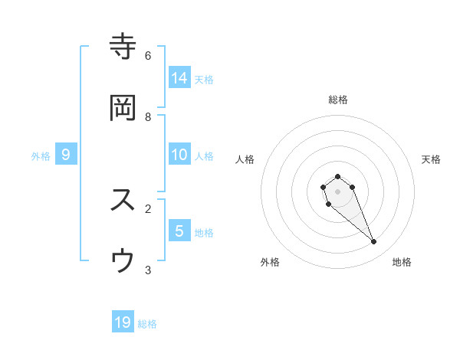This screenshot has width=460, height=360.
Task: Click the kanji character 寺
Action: (x=123, y=47)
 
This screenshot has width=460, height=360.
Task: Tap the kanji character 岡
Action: (x=123, y=108)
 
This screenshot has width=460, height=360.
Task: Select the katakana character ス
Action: (x=123, y=200)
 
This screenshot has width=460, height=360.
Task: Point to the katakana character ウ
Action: (x=123, y=261)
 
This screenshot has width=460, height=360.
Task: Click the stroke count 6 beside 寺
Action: (x=148, y=55)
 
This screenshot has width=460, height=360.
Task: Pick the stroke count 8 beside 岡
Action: (x=148, y=116)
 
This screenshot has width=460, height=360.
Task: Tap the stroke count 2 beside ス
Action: (x=148, y=208)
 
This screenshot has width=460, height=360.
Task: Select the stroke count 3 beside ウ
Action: (x=148, y=270)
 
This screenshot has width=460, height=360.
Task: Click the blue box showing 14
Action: (x=179, y=77)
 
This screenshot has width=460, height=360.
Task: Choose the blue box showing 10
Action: (x=179, y=155)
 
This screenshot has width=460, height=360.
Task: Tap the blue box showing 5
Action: (x=179, y=231)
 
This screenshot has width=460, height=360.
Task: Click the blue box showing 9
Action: (x=66, y=155)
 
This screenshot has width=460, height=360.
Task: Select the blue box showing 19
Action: (x=123, y=322)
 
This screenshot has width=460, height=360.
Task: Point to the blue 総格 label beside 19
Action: (x=147, y=324)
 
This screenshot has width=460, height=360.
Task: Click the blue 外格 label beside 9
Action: (x=41, y=156)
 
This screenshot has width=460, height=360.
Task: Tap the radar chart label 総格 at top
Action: (x=338, y=100)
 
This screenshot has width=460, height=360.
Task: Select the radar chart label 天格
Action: (x=432, y=159)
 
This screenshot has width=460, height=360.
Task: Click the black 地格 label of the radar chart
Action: (x=402, y=262)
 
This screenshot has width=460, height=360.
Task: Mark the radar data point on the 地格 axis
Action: (x=374, y=242)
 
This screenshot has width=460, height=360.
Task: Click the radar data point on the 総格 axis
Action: (x=338, y=176)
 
